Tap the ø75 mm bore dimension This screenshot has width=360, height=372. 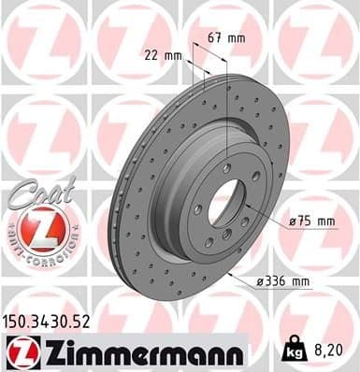click(x=312, y=222)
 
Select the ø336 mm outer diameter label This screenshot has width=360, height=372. click(x=284, y=279)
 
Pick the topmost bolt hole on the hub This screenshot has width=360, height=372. click(x=231, y=174)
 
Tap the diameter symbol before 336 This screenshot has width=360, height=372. click(x=260, y=279)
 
